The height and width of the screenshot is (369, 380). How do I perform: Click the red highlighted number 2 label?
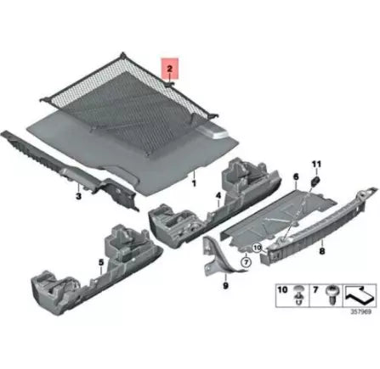coord(170,65)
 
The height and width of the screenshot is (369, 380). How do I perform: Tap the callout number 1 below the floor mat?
coord(193,182)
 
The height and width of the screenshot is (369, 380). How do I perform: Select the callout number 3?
coord(78,196)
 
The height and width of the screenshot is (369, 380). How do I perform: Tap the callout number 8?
coord(321,251)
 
